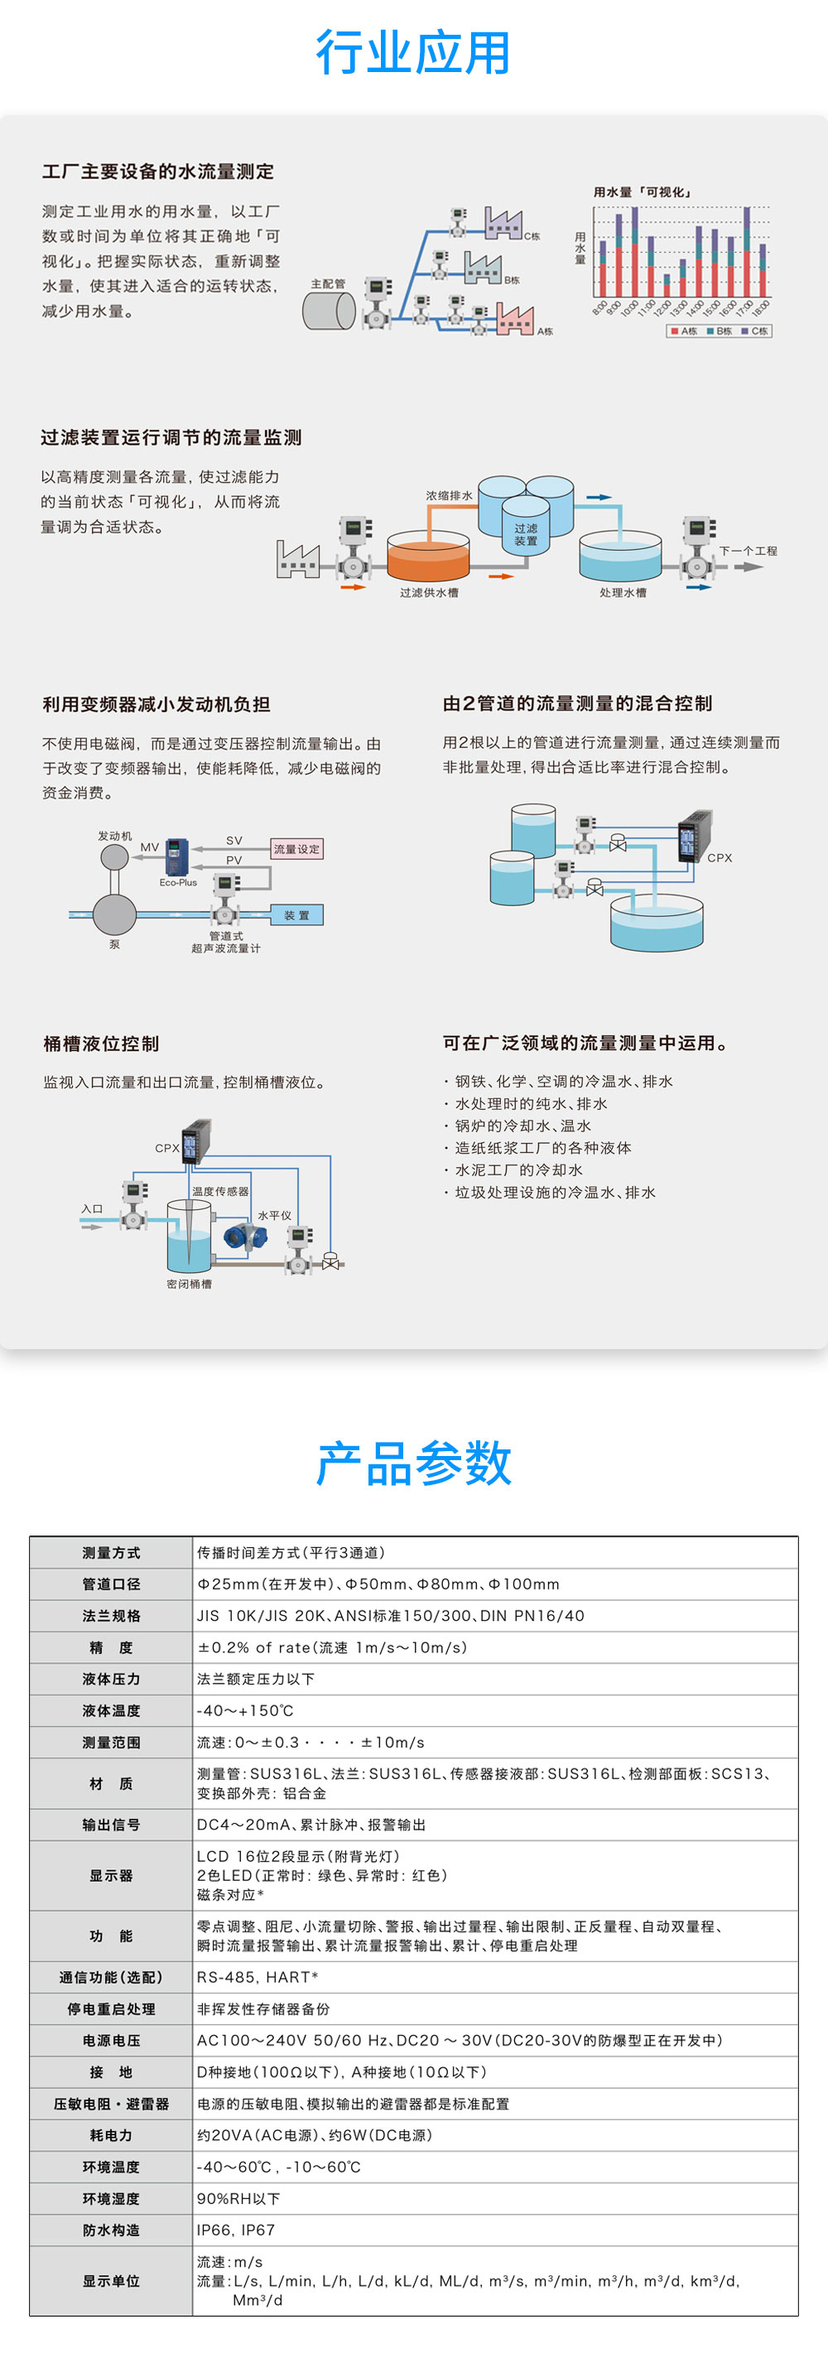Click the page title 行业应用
[412, 52]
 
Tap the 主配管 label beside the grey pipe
[328, 284]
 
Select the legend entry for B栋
[720, 330]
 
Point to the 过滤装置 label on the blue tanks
[526, 534]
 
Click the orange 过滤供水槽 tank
[428, 560]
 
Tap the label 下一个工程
[748, 551]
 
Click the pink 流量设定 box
[296, 849]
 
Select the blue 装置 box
[296, 915]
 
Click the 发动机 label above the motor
[115, 836]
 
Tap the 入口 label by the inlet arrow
[92, 1208]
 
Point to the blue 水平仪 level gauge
[244, 1236]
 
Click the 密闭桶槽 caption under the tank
[189, 1285]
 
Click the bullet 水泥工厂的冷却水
[518, 1170]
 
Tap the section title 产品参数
[413, 1463]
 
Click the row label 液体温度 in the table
[112, 1711]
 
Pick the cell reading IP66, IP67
[235, 2230]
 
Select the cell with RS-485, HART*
[258, 1977]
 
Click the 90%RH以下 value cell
[238, 2198]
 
